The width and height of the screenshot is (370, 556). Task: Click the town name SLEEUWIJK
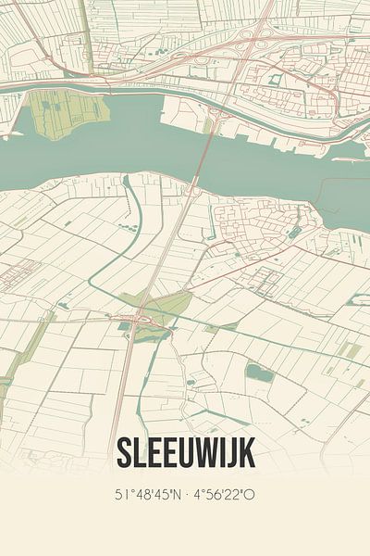[x=185, y=453]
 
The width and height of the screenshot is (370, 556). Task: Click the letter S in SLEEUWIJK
[x=125, y=453]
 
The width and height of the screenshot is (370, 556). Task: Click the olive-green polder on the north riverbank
[x=65, y=113]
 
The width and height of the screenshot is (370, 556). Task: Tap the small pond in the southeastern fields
[x=259, y=373]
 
